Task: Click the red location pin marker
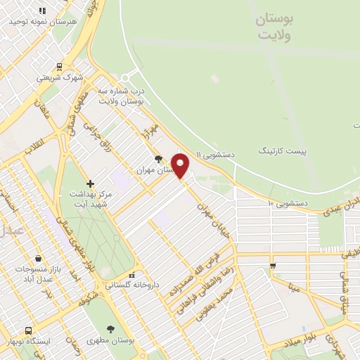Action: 181,165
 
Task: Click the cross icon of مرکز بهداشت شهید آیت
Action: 90,184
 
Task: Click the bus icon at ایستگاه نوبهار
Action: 28,330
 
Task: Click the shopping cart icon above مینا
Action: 273,265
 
